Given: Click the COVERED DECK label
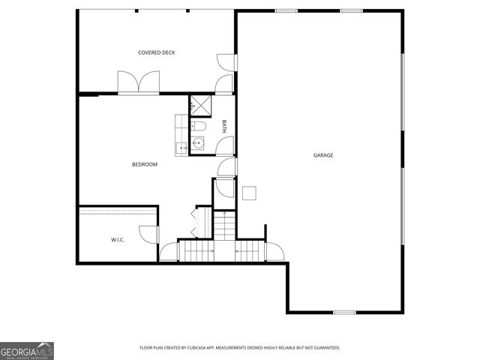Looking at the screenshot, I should tap(157, 52).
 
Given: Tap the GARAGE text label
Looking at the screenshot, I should tap(323, 155).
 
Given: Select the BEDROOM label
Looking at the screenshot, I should tap(145, 164).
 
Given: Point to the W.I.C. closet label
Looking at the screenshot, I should tap(117, 240).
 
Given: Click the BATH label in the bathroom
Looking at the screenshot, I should tap(224, 127).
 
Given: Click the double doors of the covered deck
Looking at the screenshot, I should tap(139, 81).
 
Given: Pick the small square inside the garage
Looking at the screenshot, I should tap(249, 193).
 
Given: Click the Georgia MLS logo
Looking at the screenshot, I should tap(27, 350).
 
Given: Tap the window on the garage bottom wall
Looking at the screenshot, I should tap(344, 312).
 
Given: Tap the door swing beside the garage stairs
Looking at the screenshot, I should tap(272, 250).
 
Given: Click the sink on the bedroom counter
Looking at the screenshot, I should tap(181, 146).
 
